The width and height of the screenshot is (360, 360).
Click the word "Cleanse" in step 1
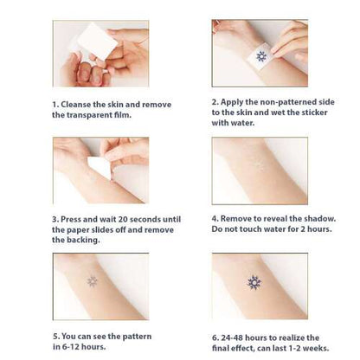click(x=74, y=105)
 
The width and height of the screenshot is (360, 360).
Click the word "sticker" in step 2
click(x=314, y=112)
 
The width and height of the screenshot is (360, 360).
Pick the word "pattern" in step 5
click(x=137, y=337)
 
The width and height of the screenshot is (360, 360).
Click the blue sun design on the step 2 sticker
click(x=261, y=56)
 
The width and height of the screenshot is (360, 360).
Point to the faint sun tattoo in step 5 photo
click(x=93, y=281)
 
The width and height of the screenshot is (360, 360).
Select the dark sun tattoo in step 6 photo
click(x=254, y=282)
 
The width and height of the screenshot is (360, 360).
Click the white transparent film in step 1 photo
click(x=97, y=40)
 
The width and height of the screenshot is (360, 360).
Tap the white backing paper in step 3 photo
click(x=99, y=167)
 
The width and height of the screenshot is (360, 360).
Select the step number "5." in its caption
click(x=56, y=337)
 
